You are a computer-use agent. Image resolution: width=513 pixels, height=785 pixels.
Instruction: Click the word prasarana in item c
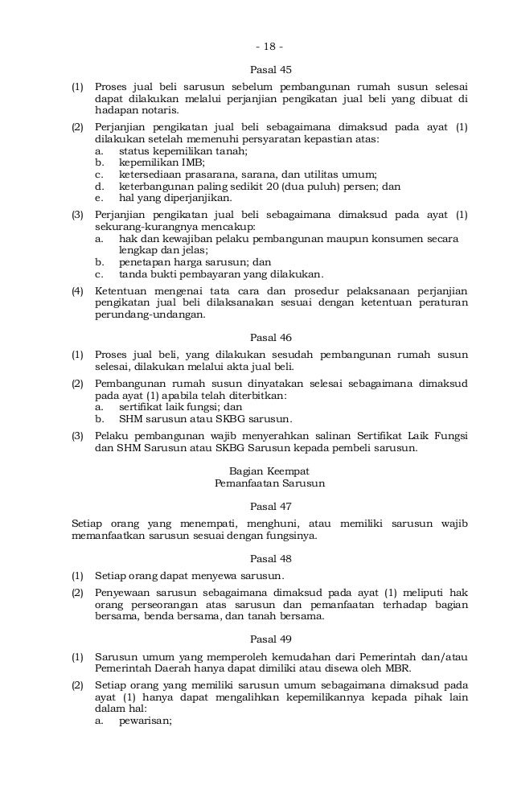[x=204, y=173]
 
